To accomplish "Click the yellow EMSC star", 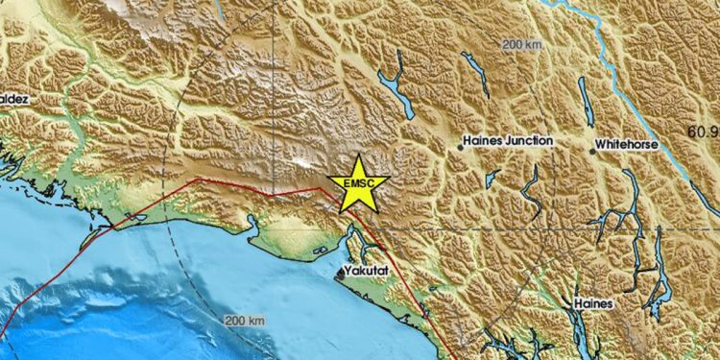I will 358,183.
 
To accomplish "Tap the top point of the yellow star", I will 358,154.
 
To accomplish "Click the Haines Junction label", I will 508,140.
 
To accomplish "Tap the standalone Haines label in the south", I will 593,302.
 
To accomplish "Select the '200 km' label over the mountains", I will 523,44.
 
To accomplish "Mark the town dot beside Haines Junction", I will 459,148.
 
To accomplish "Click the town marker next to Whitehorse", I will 590,150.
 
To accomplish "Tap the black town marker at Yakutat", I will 339,275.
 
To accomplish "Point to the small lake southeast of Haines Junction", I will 492,179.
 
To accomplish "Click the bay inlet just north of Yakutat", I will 355,235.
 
